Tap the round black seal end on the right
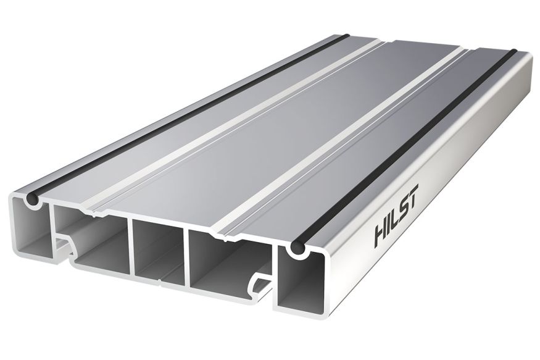297,249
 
